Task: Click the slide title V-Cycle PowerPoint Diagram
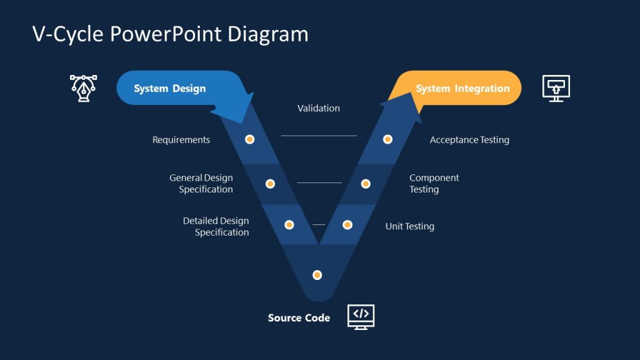point(170,34)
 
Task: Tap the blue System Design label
point(169,89)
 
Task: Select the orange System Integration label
point(462,89)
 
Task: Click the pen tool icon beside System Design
point(83,88)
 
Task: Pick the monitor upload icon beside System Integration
point(556,88)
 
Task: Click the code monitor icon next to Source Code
point(361,317)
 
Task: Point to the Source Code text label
point(299,318)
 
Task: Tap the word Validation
point(319,109)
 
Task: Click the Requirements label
point(181,140)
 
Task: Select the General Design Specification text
point(201,184)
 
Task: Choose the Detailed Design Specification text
point(216,227)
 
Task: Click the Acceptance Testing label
point(469,140)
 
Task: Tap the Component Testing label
point(434,184)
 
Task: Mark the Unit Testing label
point(409,226)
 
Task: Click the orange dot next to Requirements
point(250,139)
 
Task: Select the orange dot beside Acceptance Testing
point(387,139)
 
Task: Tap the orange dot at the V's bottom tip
point(317,275)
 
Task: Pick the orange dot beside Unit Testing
point(347,225)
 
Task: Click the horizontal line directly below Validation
point(319,136)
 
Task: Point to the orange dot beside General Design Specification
point(270,184)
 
